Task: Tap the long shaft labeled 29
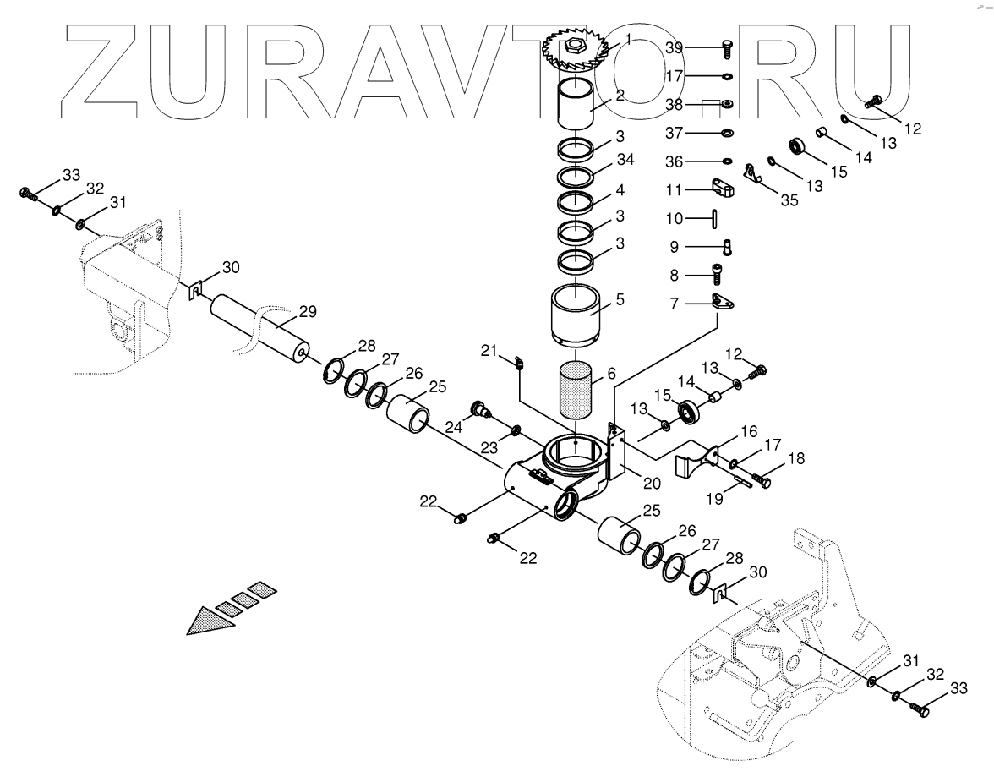pyautogui.click(x=258, y=325)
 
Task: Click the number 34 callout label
pyautogui.click(x=625, y=160)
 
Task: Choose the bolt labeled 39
pyautogui.click(x=726, y=48)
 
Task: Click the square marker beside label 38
pyautogui.click(x=709, y=107)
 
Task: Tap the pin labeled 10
pyautogui.click(x=715, y=219)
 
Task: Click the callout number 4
pyautogui.click(x=620, y=189)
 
